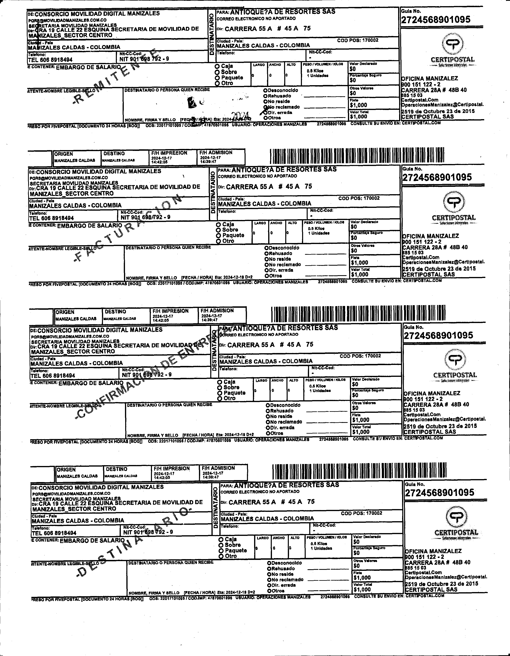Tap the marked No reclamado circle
(x=266, y=107)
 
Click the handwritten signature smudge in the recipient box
(x=192, y=103)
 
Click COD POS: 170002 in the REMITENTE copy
(x=358, y=40)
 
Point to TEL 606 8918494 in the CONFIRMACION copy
(x=53, y=375)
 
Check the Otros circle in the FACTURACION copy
(x=266, y=276)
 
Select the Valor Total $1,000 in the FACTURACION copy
(x=360, y=274)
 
